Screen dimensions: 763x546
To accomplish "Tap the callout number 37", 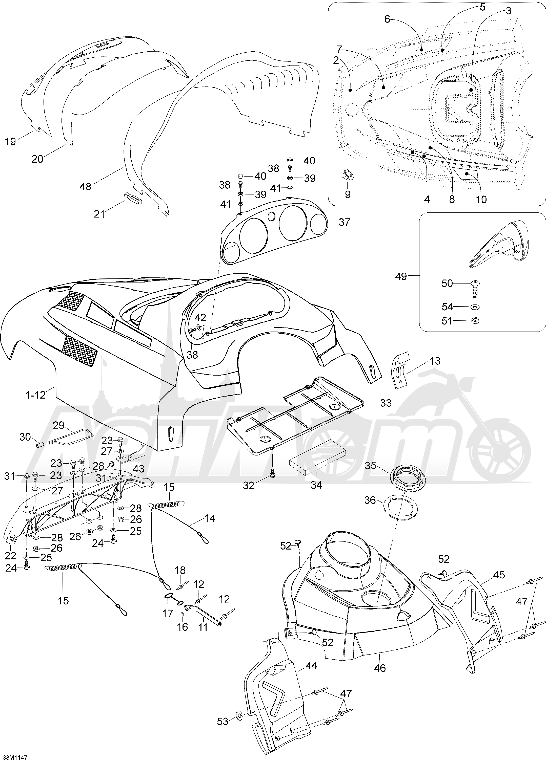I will pos(344,222).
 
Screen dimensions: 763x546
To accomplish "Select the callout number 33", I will pos(385,402).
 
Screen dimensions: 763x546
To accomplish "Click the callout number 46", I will pos(380,668).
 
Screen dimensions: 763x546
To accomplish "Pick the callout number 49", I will pos(401,277).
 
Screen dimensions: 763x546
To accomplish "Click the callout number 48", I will pos(85,186).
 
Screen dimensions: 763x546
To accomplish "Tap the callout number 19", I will pos(10,141).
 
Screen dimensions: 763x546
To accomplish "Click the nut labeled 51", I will pos(475,321).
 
